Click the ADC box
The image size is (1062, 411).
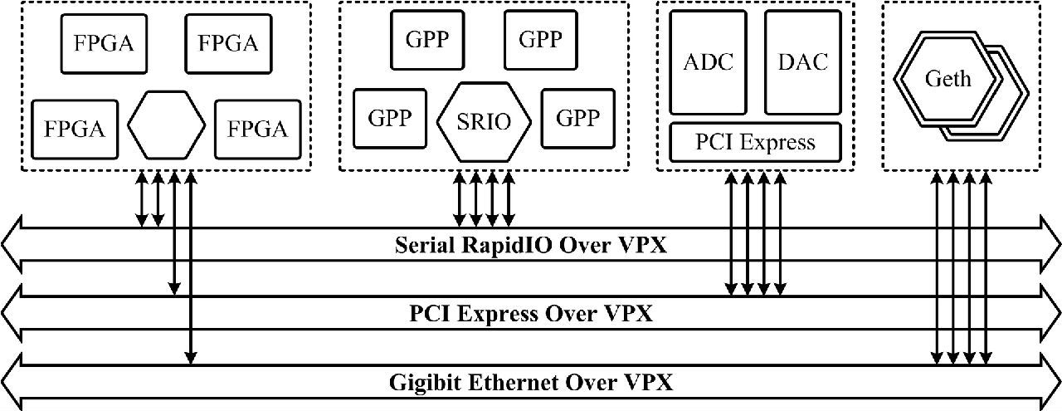[x=709, y=62]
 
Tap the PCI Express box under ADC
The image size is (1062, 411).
[x=755, y=141]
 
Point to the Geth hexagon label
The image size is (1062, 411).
[x=948, y=80]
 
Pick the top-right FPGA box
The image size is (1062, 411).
[x=227, y=42]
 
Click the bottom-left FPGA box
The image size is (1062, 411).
[x=74, y=129]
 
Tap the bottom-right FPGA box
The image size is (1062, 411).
[x=257, y=129]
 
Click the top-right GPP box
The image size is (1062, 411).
[x=540, y=39]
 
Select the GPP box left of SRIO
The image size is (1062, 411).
[x=390, y=118]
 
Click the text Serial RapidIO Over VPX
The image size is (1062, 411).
[x=531, y=246]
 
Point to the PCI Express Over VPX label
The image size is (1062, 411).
[x=531, y=314]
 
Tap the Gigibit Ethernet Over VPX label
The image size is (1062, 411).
[x=531, y=383]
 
